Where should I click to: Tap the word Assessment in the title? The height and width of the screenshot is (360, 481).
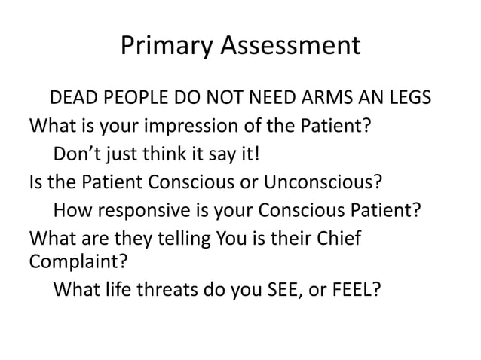289,48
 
